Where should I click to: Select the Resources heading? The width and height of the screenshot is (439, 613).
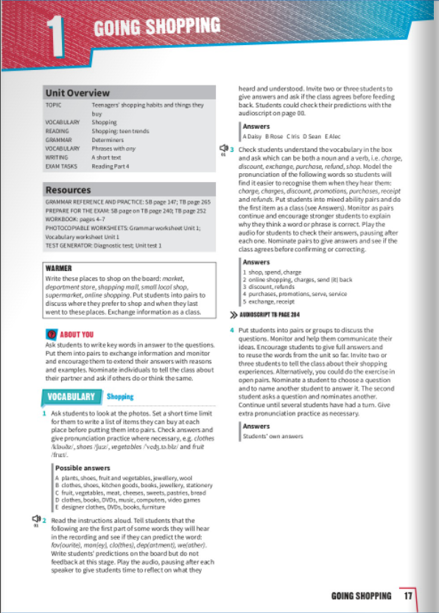[69, 190]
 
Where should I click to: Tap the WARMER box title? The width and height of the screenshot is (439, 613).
[58, 269]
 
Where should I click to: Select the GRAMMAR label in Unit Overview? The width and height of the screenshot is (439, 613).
[58, 139]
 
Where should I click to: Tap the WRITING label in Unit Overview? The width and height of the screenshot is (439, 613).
[56, 156]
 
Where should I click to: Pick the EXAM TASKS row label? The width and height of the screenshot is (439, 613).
[61, 165]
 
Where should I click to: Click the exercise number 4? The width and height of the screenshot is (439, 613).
[231, 329]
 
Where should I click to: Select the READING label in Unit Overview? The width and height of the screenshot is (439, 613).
[57, 130]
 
